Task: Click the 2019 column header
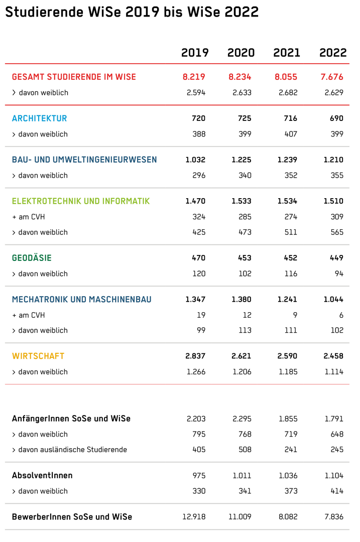[x=195, y=53]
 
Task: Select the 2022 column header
[x=333, y=53]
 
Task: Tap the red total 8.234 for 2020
[x=239, y=77]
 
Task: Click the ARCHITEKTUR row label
[x=40, y=118]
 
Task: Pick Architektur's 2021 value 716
[x=291, y=118]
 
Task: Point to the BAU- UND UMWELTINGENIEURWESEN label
[x=84, y=160]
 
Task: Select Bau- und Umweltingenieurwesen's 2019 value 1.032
[x=195, y=160]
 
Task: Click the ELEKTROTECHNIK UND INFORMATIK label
[x=81, y=201]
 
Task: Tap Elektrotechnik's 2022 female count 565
[x=337, y=232]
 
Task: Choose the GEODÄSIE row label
[x=32, y=258]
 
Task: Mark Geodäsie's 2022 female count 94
[x=339, y=274]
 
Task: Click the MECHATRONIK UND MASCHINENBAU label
[x=82, y=299]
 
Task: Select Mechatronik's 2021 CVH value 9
[x=295, y=315]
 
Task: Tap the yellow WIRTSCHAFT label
[x=38, y=356]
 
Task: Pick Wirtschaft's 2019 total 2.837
[x=195, y=356]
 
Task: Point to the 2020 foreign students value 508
[x=245, y=450]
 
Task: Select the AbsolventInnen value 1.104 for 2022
[x=334, y=476]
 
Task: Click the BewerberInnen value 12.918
[x=194, y=517]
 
